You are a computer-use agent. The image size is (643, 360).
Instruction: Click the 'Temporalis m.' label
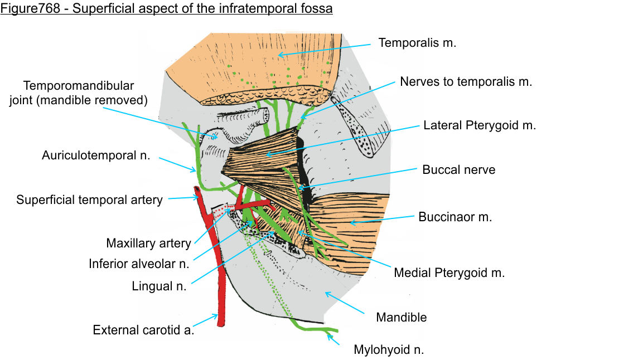417,43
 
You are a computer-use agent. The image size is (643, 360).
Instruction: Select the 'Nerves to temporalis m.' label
466,82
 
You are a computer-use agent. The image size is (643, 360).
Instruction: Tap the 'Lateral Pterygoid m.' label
479,125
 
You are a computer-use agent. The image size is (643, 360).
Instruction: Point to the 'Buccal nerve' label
458,169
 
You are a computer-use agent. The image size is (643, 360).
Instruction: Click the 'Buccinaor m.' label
455,217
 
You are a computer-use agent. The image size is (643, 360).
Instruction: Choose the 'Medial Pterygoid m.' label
449,273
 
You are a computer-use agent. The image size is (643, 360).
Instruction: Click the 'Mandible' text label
401,318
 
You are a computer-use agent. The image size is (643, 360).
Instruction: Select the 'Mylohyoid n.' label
389,351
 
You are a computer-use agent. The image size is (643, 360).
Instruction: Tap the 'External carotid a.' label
143,330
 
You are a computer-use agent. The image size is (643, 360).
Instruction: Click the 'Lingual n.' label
159,286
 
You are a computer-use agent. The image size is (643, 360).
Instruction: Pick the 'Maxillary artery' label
148,244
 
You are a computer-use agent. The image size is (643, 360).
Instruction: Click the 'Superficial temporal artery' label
89,200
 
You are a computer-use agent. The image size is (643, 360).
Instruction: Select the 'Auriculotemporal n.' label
96,155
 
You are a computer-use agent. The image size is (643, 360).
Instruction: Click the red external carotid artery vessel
220,290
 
